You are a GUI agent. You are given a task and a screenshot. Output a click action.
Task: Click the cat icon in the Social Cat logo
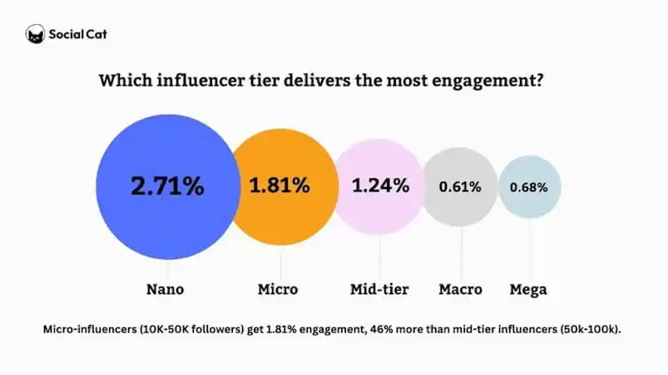point(35,35)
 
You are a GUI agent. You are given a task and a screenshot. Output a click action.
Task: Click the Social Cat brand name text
point(77,35)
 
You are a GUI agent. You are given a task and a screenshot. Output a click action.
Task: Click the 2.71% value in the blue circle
point(167,186)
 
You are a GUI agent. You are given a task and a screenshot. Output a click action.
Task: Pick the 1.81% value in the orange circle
point(280,186)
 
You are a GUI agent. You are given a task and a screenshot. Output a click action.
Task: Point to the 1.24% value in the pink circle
point(379,186)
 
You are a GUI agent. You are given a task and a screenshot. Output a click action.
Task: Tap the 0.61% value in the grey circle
point(461,187)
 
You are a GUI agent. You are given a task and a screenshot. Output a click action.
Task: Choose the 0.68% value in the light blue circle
point(529,187)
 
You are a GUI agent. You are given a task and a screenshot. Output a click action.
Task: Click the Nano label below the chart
point(165,290)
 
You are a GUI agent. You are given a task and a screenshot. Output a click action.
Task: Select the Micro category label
point(278,290)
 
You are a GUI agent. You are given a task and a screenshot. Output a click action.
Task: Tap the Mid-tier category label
point(379,290)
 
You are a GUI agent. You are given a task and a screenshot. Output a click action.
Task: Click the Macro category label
point(460,290)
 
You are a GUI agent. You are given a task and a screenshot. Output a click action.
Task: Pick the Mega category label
point(528,290)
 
